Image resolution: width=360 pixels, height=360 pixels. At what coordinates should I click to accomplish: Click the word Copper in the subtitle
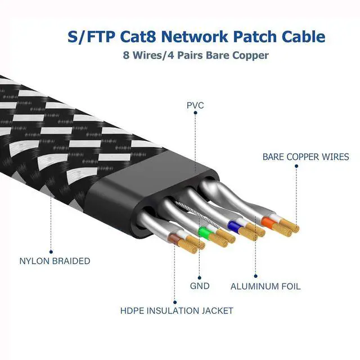pyautogui.click(x=251, y=56)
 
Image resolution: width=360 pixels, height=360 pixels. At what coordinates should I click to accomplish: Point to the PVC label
pyautogui.click(x=195, y=105)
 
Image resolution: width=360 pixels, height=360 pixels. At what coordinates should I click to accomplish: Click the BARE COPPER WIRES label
pyautogui.click(x=305, y=157)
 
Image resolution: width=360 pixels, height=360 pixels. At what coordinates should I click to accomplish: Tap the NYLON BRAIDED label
pyautogui.click(x=54, y=261)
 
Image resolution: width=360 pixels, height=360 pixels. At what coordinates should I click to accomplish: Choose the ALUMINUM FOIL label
pyautogui.click(x=265, y=286)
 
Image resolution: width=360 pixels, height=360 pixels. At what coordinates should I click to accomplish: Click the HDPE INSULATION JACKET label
pyautogui.click(x=176, y=310)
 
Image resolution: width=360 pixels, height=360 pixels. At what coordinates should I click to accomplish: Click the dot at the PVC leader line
pyautogui.click(x=195, y=113)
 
